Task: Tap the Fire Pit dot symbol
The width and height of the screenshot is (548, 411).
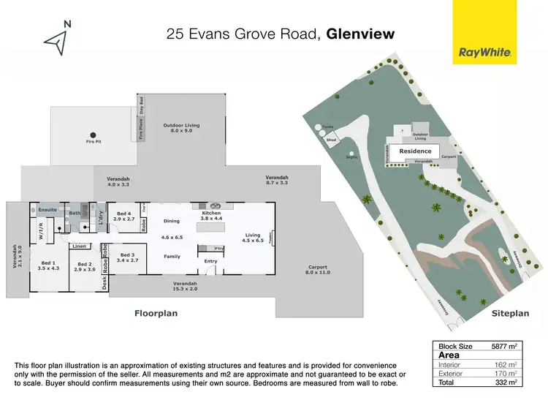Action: click(x=93, y=135)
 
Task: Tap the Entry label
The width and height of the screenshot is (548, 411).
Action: click(x=210, y=261)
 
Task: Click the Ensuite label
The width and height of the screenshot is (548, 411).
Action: click(x=47, y=210)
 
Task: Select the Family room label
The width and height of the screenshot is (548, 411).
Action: click(x=172, y=257)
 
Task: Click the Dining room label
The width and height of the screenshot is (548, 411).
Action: click(x=172, y=221)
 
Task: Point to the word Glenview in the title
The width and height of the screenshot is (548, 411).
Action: click(x=360, y=34)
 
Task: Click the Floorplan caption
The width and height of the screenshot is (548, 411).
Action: click(x=156, y=313)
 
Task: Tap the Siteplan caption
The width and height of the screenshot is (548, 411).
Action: click(x=509, y=313)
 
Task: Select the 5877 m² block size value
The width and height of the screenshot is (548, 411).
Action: click(x=504, y=346)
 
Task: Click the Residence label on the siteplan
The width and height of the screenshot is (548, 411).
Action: click(x=416, y=151)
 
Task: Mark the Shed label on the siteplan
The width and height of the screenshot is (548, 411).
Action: click(x=331, y=139)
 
